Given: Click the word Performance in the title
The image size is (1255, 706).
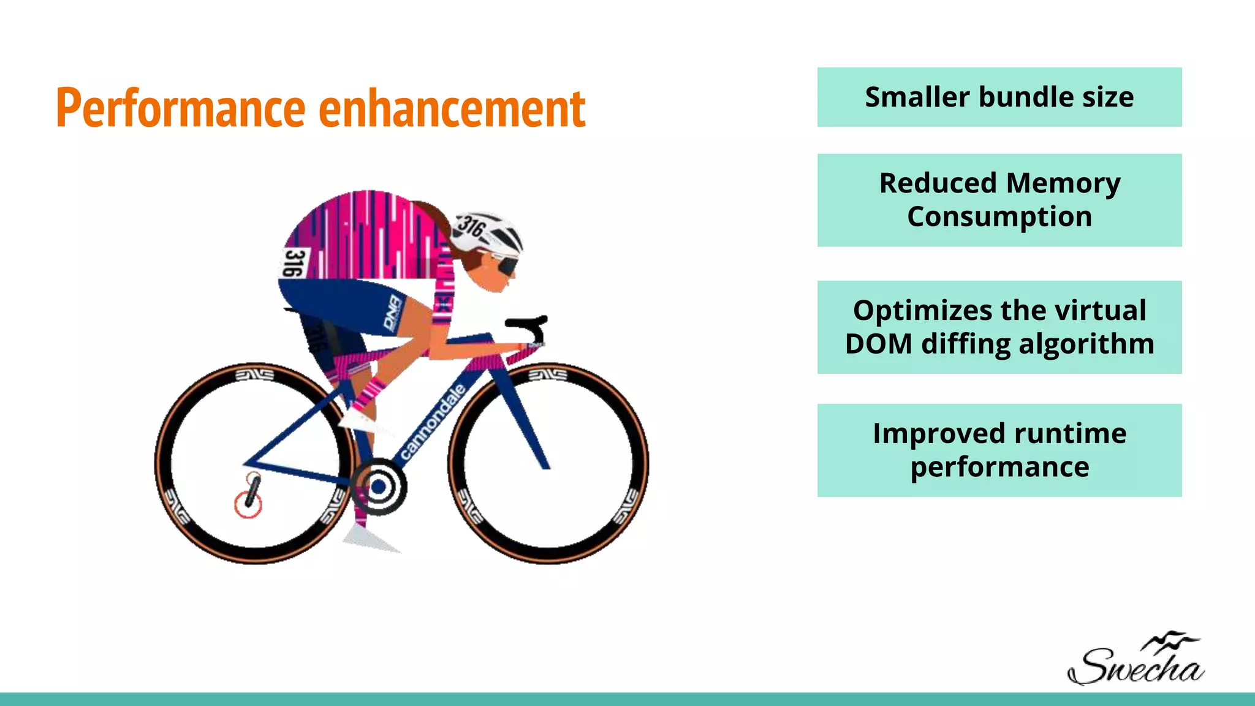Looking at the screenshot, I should click(180, 108).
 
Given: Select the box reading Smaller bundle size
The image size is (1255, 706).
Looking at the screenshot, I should click(999, 97).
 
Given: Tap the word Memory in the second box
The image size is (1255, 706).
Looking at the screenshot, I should click(1063, 183).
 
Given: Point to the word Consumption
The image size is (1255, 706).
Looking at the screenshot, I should click(999, 217).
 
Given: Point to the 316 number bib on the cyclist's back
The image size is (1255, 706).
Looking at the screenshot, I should click(294, 262).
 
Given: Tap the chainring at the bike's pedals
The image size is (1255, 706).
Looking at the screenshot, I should click(379, 487).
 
